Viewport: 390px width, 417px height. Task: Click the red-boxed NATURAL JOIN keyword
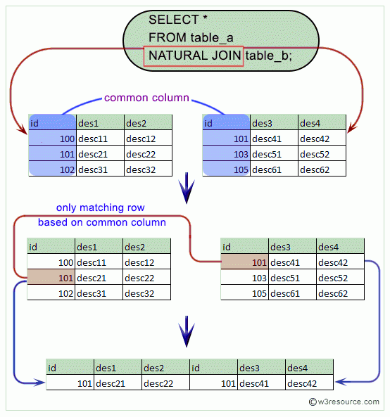[x=193, y=56]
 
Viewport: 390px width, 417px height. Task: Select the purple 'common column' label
[x=146, y=98]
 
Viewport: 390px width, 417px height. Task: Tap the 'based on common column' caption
[x=102, y=222]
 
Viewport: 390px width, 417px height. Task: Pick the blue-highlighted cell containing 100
[x=52, y=139]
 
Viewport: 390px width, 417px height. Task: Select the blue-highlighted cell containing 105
[x=225, y=169]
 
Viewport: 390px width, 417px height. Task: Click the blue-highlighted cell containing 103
[x=225, y=154]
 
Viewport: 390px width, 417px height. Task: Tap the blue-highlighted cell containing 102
[x=52, y=169]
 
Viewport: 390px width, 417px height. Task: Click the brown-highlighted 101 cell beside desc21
[x=51, y=277]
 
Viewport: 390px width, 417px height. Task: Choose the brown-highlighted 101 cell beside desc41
[x=244, y=262]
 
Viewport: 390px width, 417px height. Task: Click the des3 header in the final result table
[x=261, y=367]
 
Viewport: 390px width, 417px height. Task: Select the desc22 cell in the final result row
[x=165, y=383]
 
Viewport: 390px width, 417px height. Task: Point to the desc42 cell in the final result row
[x=308, y=383]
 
